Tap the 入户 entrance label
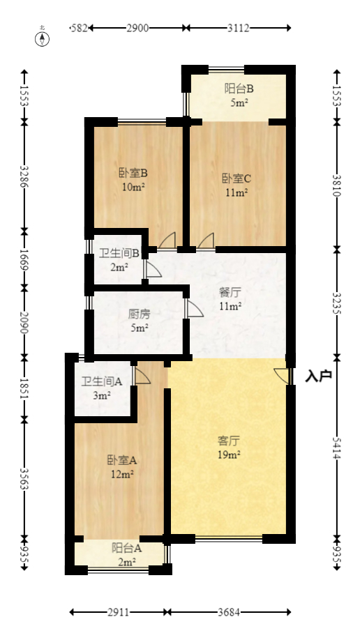(x=318, y=376)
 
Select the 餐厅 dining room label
(x=230, y=293)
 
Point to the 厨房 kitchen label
(x=139, y=314)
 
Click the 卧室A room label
(x=121, y=460)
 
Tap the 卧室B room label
(x=132, y=173)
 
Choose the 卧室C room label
(x=237, y=178)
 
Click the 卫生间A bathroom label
(x=102, y=381)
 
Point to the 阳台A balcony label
(x=127, y=548)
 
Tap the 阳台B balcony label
(x=239, y=89)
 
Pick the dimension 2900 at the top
(x=137, y=28)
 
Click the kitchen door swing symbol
(x=193, y=309)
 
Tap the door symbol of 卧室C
(x=206, y=241)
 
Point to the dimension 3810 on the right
(x=337, y=185)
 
